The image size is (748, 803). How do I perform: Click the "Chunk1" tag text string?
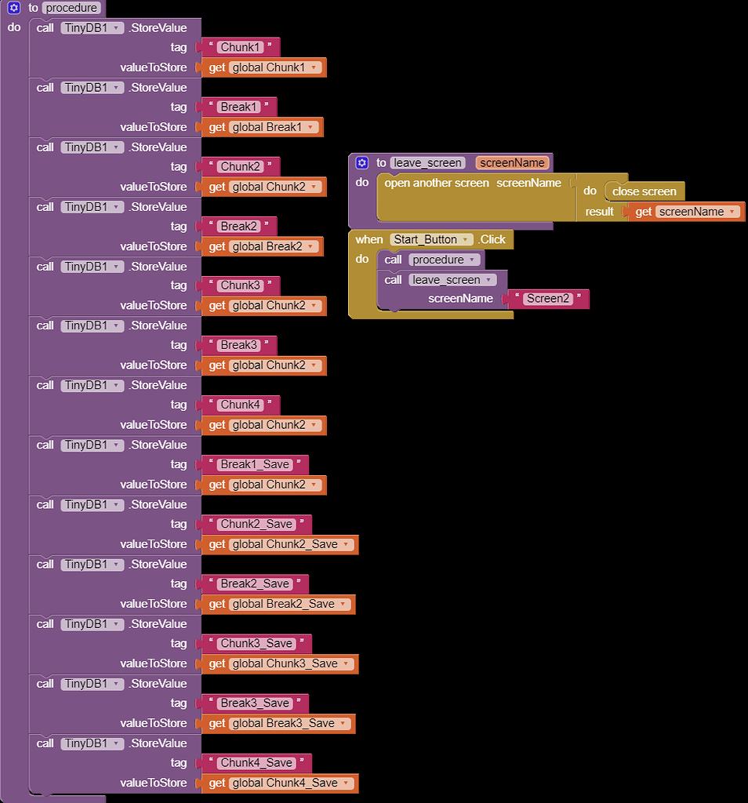click(240, 47)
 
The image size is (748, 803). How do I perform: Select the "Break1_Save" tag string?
click(255, 464)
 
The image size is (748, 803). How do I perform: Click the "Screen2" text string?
click(548, 299)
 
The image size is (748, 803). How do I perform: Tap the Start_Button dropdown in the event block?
click(431, 239)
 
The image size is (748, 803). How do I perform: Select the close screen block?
click(644, 191)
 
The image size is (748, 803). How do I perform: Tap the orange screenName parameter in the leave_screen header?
click(512, 163)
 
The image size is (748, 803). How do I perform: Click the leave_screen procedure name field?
click(427, 163)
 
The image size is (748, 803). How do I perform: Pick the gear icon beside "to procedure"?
click(14, 8)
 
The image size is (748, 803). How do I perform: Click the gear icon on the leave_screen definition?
click(361, 163)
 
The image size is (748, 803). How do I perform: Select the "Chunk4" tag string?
click(240, 405)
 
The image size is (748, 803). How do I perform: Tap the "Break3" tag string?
click(238, 345)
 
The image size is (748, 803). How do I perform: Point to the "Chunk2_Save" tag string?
click(256, 524)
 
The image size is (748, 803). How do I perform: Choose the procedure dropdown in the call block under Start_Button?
click(444, 260)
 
